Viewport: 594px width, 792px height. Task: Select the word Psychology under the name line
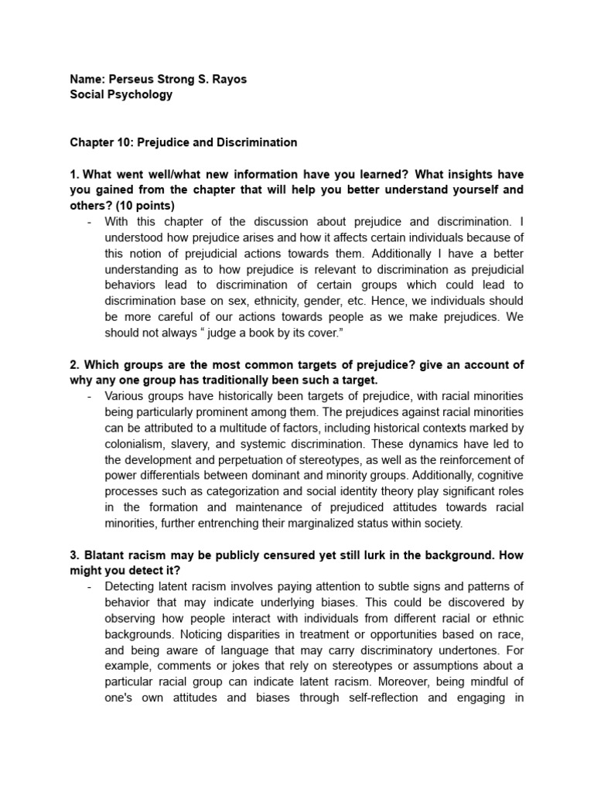[140, 94]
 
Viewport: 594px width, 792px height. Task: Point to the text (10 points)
[147, 205]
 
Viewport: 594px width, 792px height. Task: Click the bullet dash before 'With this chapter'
[90, 221]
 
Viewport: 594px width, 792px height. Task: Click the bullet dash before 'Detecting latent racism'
[90, 586]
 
